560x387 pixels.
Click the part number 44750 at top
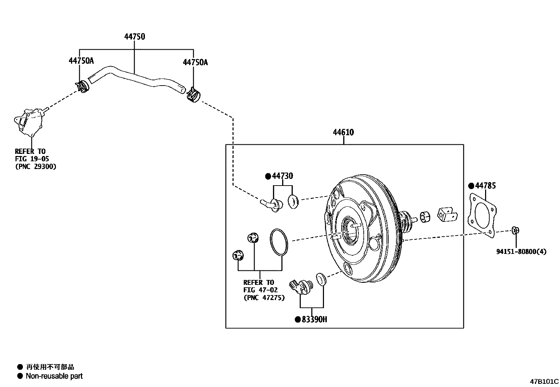(x=134, y=37)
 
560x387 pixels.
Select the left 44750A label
(x=81, y=61)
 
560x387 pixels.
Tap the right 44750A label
(x=195, y=62)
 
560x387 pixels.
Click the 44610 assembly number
(x=343, y=132)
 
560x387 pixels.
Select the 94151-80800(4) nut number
(x=521, y=252)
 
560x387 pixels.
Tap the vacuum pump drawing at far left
(x=28, y=122)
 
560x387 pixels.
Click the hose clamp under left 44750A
(x=82, y=87)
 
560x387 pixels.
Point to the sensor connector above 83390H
(x=299, y=286)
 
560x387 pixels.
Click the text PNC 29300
(x=36, y=166)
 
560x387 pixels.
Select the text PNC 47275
(x=264, y=298)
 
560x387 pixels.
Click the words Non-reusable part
(x=54, y=376)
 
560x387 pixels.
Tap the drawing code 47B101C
(x=545, y=381)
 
